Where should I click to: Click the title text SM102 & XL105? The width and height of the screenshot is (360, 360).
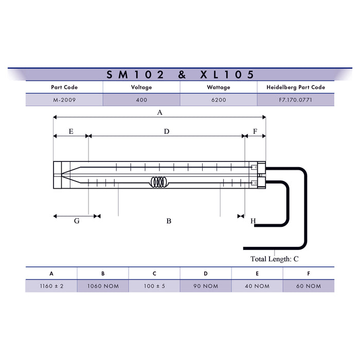(x=180, y=75)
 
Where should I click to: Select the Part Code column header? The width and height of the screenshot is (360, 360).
(x=64, y=87)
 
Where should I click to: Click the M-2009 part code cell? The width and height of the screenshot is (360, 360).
(x=64, y=100)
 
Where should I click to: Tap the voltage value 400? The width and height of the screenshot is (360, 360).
(x=141, y=100)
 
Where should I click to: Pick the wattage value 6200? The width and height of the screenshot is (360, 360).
(x=219, y=100)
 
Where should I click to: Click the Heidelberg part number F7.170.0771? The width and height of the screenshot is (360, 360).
(x=296, y=100)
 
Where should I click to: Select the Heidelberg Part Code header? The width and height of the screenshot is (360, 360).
(x=296, y=87)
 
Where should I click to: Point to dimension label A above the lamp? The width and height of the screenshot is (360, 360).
(x=159, y=112)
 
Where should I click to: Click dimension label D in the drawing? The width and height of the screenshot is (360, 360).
(x=167, y=132)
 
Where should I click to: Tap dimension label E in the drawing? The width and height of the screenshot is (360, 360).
(x=71, y=132)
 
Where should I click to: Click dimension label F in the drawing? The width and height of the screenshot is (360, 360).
(x=255, y=132)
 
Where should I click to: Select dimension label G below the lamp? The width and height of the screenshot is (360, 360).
(x=77, y=221)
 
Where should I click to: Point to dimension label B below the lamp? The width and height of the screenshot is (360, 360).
(x=169, y=221)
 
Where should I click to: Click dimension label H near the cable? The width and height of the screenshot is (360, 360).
(x=253, y=221)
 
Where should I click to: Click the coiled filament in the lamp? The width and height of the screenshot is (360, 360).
(x=159, y=182)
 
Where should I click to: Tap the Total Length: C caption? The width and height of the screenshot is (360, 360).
(x=274, y=259)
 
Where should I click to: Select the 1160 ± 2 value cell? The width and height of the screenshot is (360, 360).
(x=51, y=286)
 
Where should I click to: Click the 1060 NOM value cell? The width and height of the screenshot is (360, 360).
(x=103, y=286)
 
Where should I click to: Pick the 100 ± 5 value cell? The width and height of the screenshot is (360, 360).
(x=154, y=286)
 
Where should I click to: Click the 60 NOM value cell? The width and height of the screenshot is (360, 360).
(x=309, y=286)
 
